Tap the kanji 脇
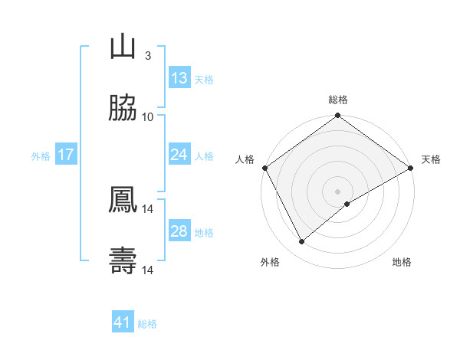pos(123,109)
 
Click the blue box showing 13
pos(179,78)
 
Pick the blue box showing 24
pos(179,155)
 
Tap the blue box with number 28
pos(179,232)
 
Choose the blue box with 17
pos(66,155)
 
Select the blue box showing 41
pos(123,323)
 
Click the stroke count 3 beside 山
pos(148,55)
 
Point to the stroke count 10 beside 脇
pos(148,116)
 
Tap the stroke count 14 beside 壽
pos(148,270)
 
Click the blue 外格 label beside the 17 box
pos(41,156)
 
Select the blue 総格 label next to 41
pos(147,324)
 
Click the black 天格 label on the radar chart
pos(431,159)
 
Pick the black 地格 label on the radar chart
pos(402,262)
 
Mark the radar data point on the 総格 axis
pos(337,116)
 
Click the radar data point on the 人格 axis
pos(264,168)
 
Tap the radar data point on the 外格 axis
pos(302,242)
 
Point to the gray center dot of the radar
pos(337,191)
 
